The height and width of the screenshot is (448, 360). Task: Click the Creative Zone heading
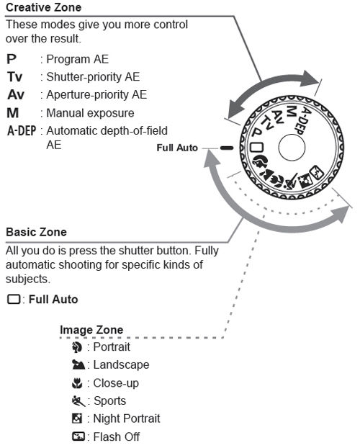point(43,8)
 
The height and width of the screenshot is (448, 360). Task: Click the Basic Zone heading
point(36,233)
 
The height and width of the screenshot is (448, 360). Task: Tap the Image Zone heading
point(91,330)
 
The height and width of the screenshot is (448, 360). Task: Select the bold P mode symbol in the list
point(12,59)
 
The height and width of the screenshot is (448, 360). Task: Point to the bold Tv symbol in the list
point(14,76)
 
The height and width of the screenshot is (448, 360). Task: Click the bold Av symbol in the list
point(15,94)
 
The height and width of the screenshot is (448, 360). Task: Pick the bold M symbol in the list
point(12,113)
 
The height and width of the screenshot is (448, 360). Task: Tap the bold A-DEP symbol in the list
point(22,131)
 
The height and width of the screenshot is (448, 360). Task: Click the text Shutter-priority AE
point(93,76)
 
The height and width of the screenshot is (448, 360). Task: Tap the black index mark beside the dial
point(228,147)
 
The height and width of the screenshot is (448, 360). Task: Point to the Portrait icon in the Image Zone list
point(77,347)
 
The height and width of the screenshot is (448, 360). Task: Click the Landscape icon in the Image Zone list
point(77,365)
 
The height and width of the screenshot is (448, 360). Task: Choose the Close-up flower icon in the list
point(77,383)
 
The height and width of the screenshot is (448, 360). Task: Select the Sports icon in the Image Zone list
point(77,401)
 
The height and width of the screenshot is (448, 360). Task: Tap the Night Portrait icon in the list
point(77,419)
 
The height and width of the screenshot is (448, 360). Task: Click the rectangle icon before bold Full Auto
point(12,299)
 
